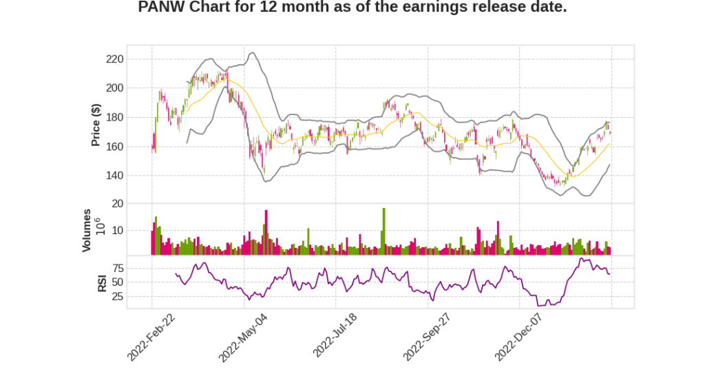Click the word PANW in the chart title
point(160,8)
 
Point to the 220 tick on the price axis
point(114,59)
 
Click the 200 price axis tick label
point(114,88)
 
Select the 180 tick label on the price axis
point(114,118)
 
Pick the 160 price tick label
point(114,147)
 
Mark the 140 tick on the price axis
point(114,176)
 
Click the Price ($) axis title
point(96,125)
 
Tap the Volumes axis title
point(87,230)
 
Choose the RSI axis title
point(102,282)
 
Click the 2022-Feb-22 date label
point(151,337)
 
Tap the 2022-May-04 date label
point(242,337)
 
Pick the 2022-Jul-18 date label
point(337,337)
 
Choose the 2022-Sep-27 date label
point(427,337)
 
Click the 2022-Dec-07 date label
point(518,337)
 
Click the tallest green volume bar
point(383,231)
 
